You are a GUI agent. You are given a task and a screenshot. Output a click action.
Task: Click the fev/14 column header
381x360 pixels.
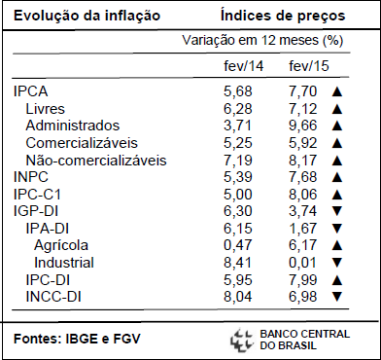[244, 66]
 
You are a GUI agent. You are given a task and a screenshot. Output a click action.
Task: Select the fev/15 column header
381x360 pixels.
[309, 66]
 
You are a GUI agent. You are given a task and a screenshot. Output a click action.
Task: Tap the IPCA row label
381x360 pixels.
[31, 91]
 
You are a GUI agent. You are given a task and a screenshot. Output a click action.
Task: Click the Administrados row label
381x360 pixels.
[73, 126]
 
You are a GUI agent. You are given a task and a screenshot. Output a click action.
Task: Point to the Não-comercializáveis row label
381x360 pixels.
[96, 161]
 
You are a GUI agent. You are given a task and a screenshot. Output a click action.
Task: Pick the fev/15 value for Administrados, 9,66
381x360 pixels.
[302, 126]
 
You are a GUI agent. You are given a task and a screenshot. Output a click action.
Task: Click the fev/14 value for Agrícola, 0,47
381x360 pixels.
[237, 245]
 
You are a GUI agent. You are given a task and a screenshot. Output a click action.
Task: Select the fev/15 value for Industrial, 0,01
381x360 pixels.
[302, 263]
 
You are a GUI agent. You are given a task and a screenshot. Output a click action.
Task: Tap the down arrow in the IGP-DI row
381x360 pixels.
[337, 211]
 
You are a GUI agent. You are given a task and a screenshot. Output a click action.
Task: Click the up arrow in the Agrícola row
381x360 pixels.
[337, 245]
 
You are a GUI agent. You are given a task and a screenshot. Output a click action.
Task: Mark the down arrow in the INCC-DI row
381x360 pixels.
[337, 297]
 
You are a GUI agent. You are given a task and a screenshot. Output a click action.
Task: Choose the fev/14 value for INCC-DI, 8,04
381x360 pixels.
[237, 297]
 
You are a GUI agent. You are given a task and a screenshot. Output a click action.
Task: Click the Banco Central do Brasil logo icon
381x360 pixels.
[241, 341]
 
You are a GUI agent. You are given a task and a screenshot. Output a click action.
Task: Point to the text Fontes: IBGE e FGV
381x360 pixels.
[77, 340]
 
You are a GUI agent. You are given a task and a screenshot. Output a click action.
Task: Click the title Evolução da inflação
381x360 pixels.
[87, 16]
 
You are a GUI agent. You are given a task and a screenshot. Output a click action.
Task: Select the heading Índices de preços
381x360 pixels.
[283, 16]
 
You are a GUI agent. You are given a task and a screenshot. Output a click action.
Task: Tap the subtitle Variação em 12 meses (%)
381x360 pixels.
[262, 41]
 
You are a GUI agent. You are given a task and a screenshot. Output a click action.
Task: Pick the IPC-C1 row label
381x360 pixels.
[37, 195]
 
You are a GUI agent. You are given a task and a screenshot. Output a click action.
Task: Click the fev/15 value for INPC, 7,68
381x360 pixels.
[302, 177]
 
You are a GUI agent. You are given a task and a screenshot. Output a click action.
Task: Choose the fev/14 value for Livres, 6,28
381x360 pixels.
[237, 109]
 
